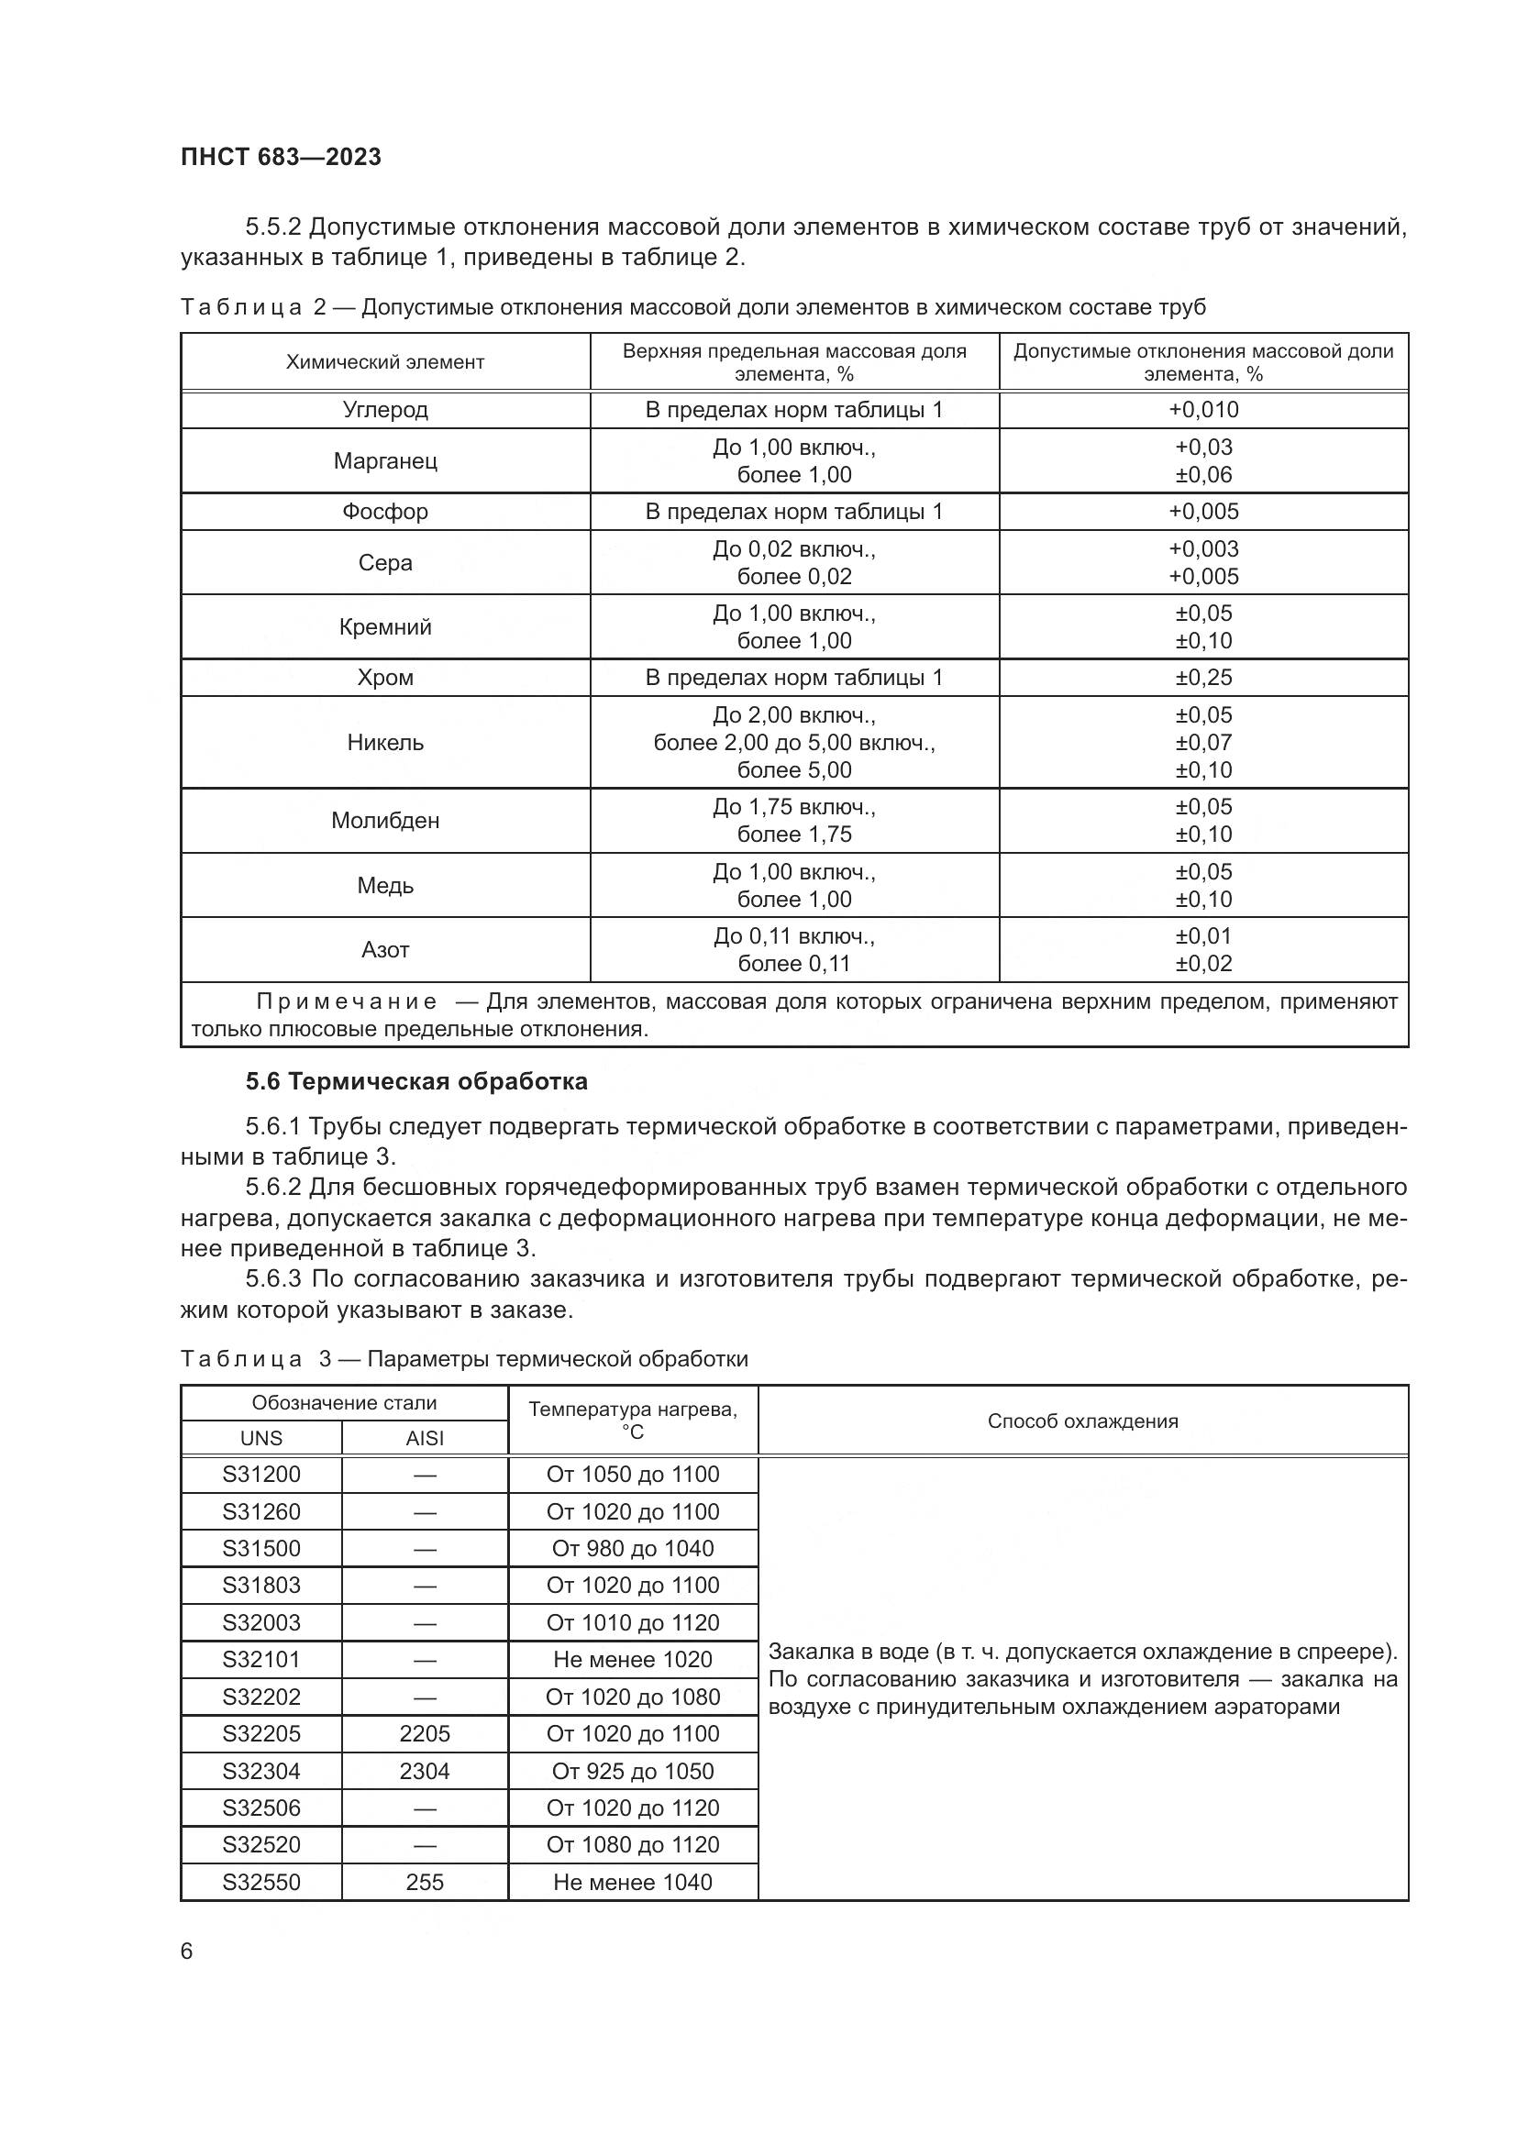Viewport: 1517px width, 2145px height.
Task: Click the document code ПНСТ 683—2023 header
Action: click(282, 157)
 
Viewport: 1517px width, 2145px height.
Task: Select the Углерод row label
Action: click(385, 409)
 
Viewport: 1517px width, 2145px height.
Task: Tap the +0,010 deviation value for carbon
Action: click(1203, 409)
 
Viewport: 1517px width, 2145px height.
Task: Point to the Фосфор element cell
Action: click(385, 511)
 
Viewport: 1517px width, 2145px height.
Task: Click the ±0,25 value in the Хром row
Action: click(1203, 678)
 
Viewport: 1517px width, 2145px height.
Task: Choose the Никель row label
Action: click(385, 743)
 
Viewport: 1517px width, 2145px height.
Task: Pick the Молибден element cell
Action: click(385, 820)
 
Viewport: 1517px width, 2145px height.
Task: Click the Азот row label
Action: click(385, 950)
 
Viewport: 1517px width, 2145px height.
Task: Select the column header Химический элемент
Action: click(385, 362)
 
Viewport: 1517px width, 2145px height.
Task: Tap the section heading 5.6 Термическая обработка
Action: click(416, 1082)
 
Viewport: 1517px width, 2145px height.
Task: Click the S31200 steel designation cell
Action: click(261, 1475)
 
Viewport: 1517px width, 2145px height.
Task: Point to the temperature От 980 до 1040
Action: click(633, 1548)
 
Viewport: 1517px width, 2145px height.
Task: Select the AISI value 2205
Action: click(424, 1734)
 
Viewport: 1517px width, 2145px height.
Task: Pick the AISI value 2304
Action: click(424, 1772)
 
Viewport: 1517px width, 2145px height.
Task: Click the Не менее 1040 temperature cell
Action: click(633, 1883)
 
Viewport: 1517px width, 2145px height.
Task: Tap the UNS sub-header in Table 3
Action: click(261, 1439)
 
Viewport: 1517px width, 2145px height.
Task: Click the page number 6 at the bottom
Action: click(187, 1952)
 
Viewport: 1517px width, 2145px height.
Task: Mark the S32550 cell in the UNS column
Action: click(261, 1883)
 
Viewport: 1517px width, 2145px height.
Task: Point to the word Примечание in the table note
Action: click(347, 1002)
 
